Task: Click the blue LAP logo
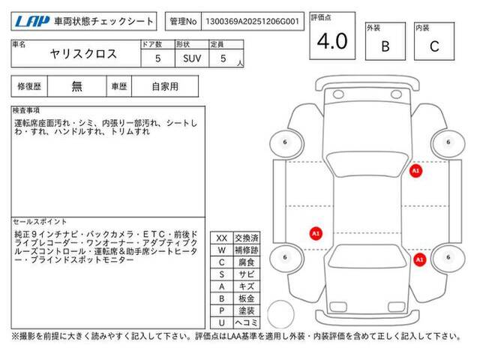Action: (x=32, y=22)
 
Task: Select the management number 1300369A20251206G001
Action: (x=252, y=22)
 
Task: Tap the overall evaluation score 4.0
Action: (x=332, y=40)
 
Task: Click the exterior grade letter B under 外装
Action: (x=385, y=46)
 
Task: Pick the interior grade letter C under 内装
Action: (x=434, y=46)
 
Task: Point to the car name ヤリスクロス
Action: (x=83, y=54)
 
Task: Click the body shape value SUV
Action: (x=192, y=58)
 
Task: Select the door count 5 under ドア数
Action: (x=158, y=58)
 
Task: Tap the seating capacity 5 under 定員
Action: (x=223, y=58)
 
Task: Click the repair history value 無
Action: (x=76, y=86)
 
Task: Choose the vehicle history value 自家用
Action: (x=165, y=87)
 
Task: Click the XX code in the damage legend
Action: (x=222, y=238)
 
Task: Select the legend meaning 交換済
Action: (x=247, y=238)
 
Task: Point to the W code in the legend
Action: (x=222, y=250)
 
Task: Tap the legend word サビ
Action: (x=247, y=274)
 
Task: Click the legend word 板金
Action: (x=247, y=298)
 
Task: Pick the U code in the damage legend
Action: (x=222, y=322)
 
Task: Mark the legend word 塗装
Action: (x=247, y=310)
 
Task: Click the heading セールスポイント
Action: (x=40, y=222)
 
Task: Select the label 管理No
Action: (x=183, y=22)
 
